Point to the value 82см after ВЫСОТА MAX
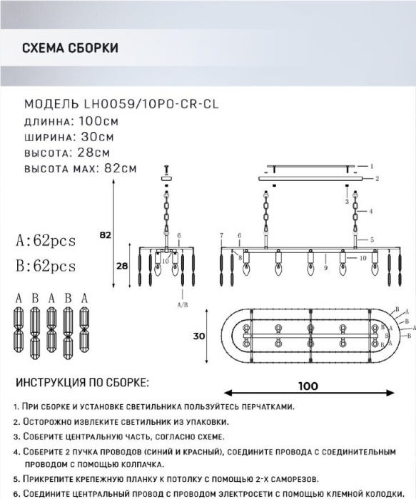click(x=121, y=169)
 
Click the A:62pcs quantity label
click(x=44, y=240)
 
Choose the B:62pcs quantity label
click(x=44, y=266)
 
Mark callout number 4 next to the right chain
click(x=371, y=212)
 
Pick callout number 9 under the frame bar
click(x=325, y=269)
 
